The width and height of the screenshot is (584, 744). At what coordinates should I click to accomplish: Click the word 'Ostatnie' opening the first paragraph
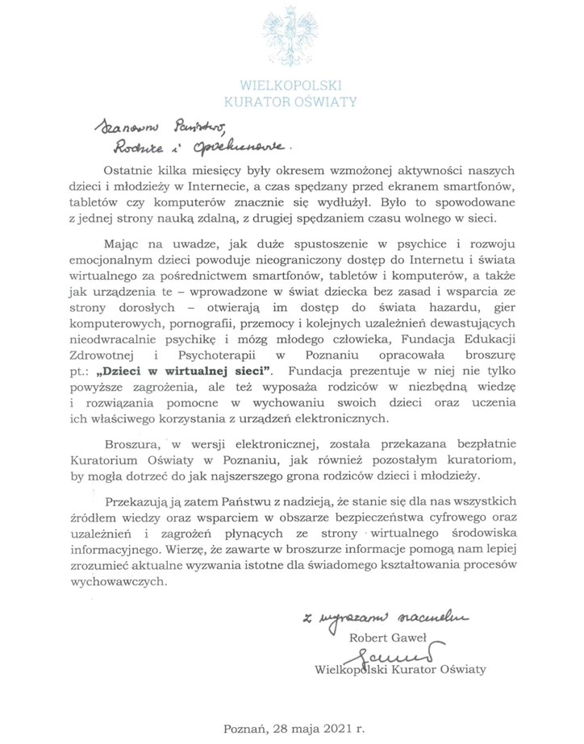pyautogui.click(x=132, y=170)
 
